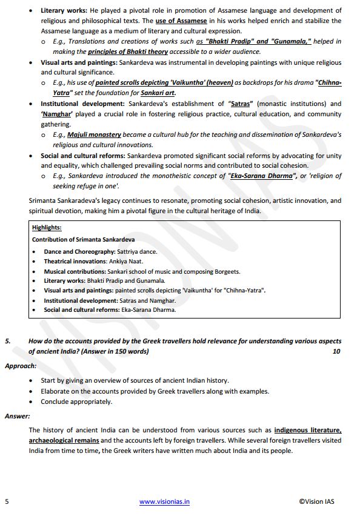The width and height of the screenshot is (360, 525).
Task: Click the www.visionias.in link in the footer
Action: [x=165, y=501]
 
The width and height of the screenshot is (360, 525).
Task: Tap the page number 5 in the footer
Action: [x=7, y=501]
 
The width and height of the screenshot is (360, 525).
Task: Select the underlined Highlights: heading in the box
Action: [x=47, y=228]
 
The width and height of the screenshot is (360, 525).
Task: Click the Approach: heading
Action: [x=21, y=366]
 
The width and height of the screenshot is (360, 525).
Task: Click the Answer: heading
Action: [x=18, y=416]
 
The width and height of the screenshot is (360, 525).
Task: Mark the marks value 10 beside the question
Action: [x=336, y=351]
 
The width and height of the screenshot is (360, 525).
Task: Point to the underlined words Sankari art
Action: [x=158, y=93]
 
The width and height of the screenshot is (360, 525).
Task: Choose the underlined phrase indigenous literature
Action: [x=307, y=430]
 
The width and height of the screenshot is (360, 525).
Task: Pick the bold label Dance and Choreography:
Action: [x=79, y=251]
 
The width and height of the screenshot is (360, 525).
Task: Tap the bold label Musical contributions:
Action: [x=75, y=271]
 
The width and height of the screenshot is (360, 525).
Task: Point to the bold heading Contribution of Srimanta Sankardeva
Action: [x=83, y=239]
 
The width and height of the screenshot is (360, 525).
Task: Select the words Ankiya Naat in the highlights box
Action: [x=126, y=261]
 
